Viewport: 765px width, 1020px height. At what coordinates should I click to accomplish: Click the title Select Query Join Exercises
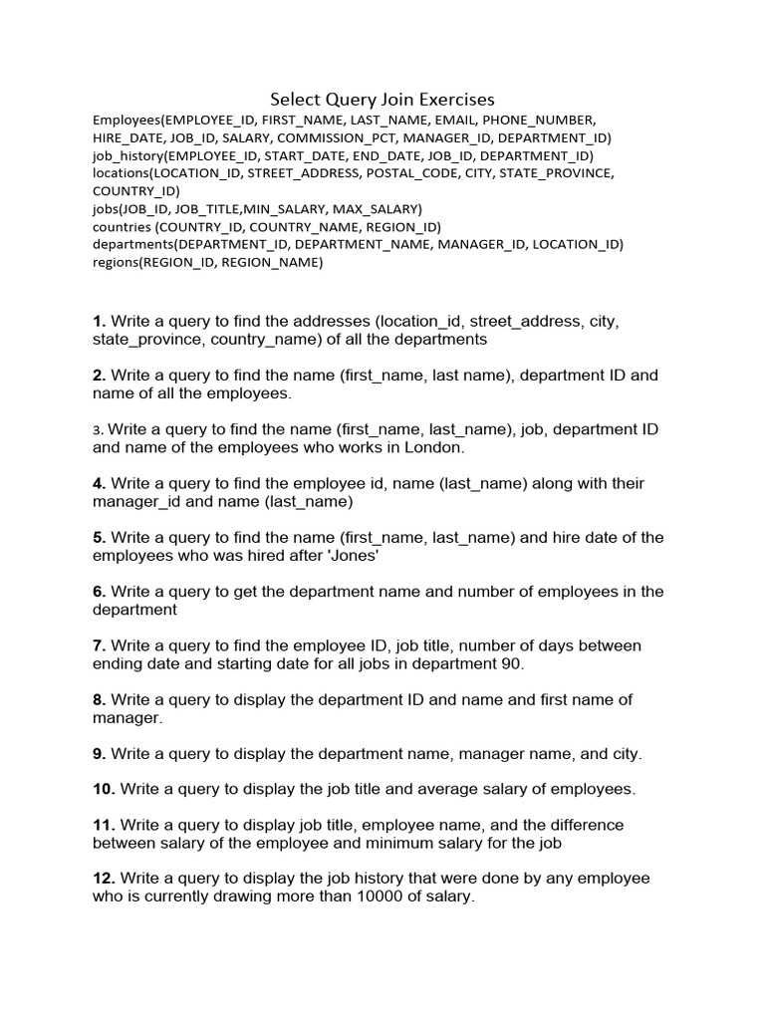coord(382,99)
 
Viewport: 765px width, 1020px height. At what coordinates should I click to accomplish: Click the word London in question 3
coord(435,447)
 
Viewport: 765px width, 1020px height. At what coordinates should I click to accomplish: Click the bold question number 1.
coord(99,321)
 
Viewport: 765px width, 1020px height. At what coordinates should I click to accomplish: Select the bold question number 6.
coord(99,591)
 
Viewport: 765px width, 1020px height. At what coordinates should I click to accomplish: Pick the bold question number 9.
coord(99,753)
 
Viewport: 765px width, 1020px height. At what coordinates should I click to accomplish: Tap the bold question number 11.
coord(104,825)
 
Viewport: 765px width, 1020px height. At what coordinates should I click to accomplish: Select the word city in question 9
coord(625,753)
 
